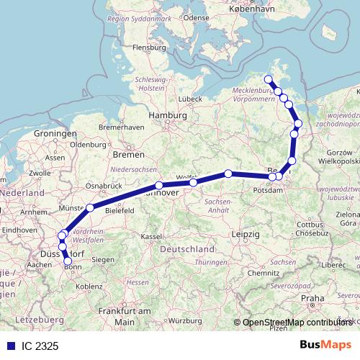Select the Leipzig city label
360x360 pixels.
(246, 235)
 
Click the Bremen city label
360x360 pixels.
(129, 155)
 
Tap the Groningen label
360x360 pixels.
(55, 134)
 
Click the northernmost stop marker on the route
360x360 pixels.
(269, 80)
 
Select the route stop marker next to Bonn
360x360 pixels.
(68, 261)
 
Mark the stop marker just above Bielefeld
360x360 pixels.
(90, 208)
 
